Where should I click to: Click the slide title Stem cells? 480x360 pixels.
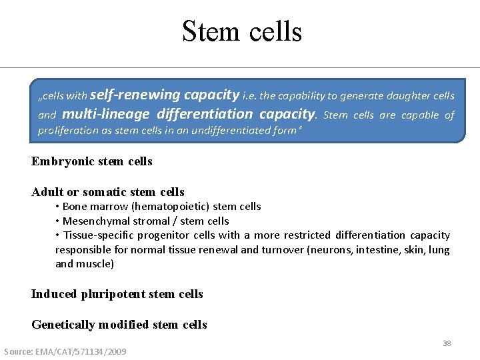coord(241,31)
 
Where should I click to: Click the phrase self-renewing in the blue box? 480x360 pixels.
coord(126,95)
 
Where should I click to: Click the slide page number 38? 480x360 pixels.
coord(447,343)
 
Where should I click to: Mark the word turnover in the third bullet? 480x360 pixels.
coord(285,250)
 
